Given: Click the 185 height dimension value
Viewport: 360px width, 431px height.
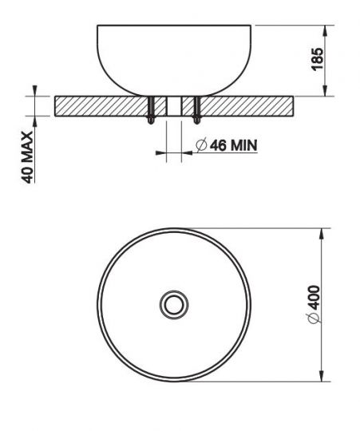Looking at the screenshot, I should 316,59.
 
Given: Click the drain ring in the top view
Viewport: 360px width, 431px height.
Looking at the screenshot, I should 173,303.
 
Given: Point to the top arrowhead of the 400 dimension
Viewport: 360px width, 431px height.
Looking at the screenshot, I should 323,232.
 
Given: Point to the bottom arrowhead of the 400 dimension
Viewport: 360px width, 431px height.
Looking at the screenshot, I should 323,376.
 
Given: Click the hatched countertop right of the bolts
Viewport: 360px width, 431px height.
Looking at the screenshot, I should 247,105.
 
